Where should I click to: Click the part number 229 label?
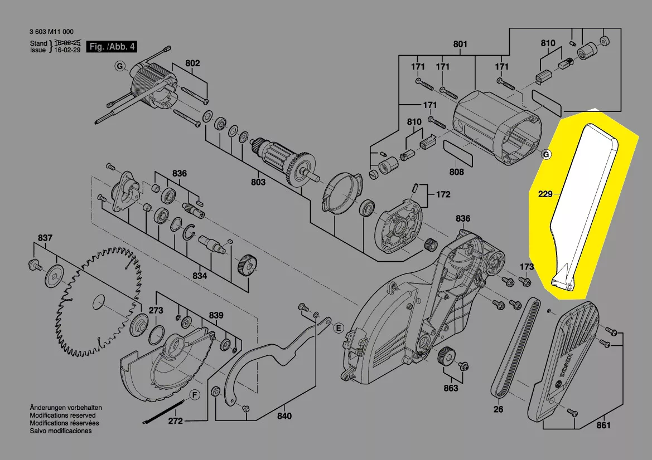tap(545, 194)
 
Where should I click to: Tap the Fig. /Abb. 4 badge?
tap(112, 47)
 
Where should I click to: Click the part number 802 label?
tap(192, 63)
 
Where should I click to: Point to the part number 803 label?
tap(258, 182)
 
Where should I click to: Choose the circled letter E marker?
tap(338, 328)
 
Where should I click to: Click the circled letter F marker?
tap(194, 395)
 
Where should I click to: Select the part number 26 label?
tap(498, 409)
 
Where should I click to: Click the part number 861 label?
tap(603, 425)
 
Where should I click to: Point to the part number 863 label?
tap(451, 388)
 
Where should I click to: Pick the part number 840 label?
tap(284, 415)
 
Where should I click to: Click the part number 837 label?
tap(45, 238)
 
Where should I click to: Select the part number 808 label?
tap(457, 172)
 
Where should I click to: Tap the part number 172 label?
tap(443, 195)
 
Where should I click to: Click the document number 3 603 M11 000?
tap(52, 32)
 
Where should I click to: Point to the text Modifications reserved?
tap(62, 415)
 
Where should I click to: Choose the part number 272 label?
tap(176, 421)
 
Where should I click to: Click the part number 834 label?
tap(200, 276)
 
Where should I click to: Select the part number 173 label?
tap(527, 267)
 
